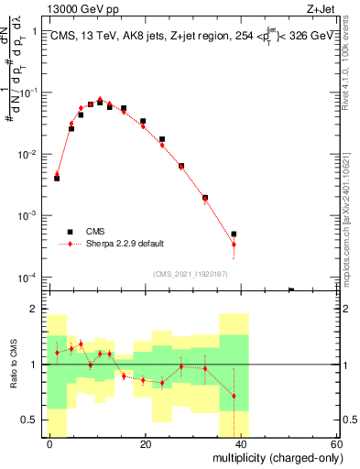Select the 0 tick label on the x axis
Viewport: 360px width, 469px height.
tap(49, 443)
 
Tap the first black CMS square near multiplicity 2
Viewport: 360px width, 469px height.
tap(57, 178)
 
